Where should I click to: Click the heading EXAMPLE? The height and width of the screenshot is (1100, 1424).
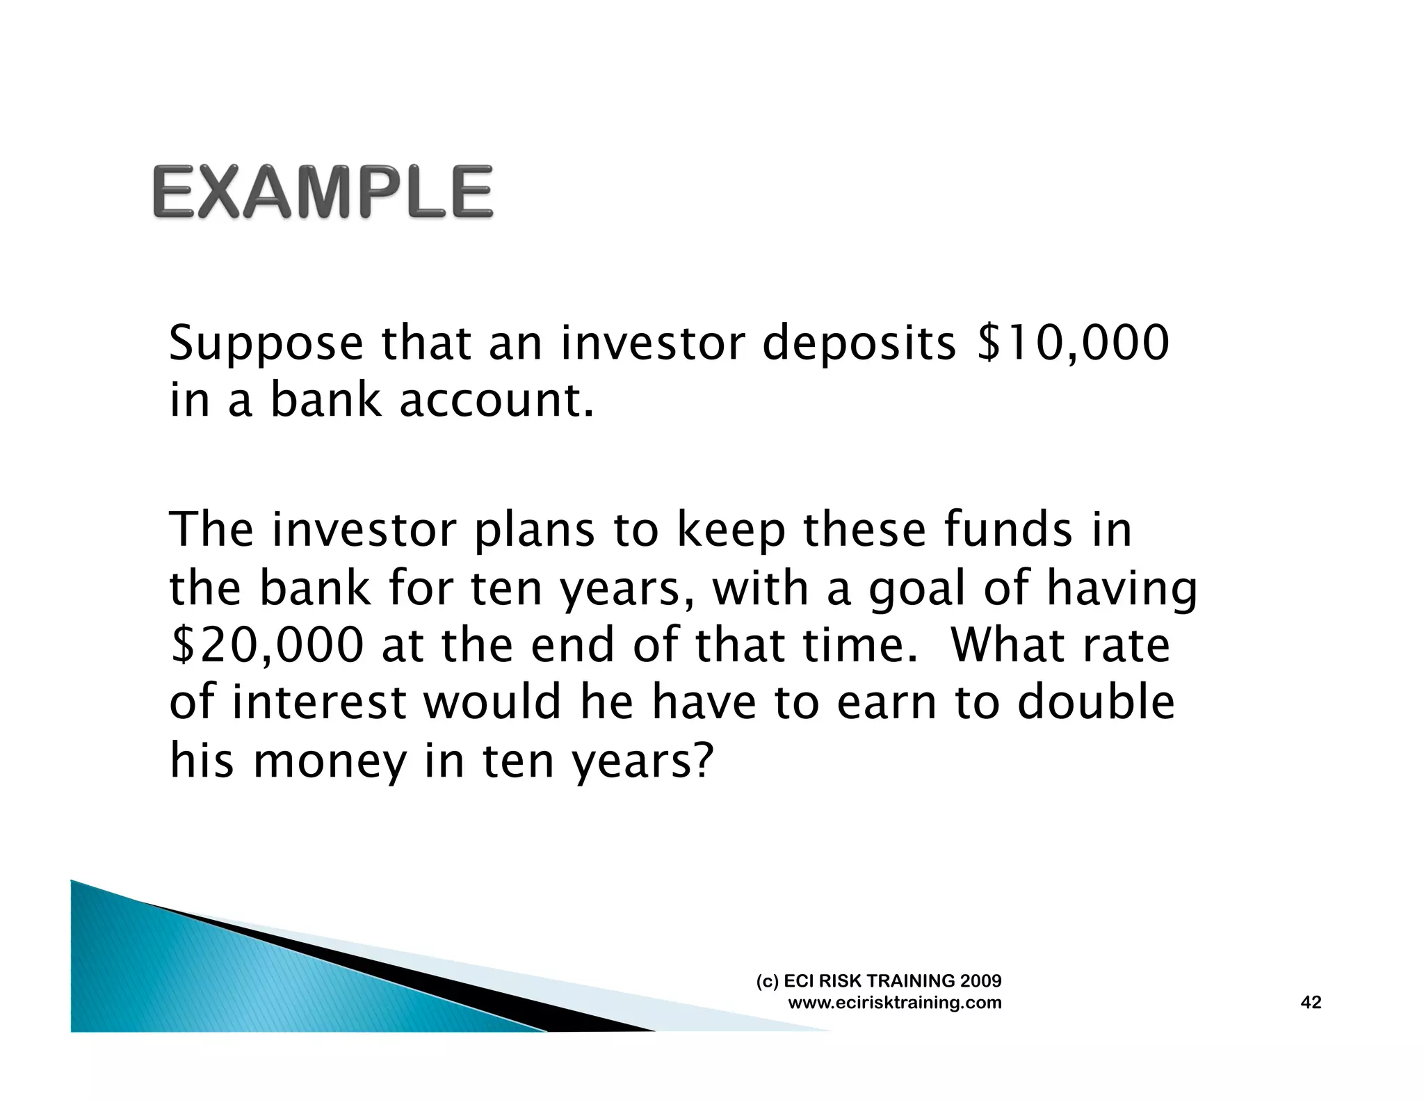[x=323, y=192]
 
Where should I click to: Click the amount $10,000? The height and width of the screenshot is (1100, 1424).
[x=1073, y=343]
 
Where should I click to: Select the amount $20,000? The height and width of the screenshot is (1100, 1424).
[x=267, y=645]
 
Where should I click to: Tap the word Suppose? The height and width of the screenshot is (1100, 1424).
[x=266, y=344]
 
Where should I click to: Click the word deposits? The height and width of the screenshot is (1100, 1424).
[x=859, y=343]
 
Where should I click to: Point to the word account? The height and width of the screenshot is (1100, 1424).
[x=496, y=401]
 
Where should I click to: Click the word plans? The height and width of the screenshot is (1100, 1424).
[x=534, y=531]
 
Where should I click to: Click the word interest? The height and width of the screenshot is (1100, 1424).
[x=319, y=702]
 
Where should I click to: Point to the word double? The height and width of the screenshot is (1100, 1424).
[x=1096, y=702]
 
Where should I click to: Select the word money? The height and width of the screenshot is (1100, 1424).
[x=330, y=761]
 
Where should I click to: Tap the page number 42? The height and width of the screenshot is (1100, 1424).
[x=1310, y=1002]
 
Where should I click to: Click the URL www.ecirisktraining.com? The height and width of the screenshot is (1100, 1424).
[x=894, y=1003]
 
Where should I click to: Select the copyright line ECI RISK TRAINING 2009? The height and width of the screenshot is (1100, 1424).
[x=879, y=981]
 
